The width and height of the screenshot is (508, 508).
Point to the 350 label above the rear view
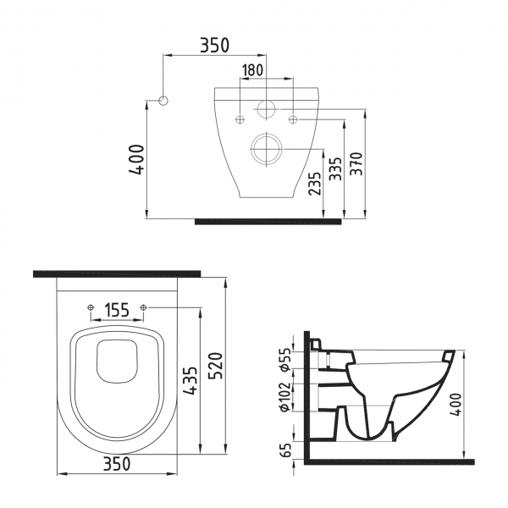[213, 45]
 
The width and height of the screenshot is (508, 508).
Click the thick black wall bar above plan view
[117, 273]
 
